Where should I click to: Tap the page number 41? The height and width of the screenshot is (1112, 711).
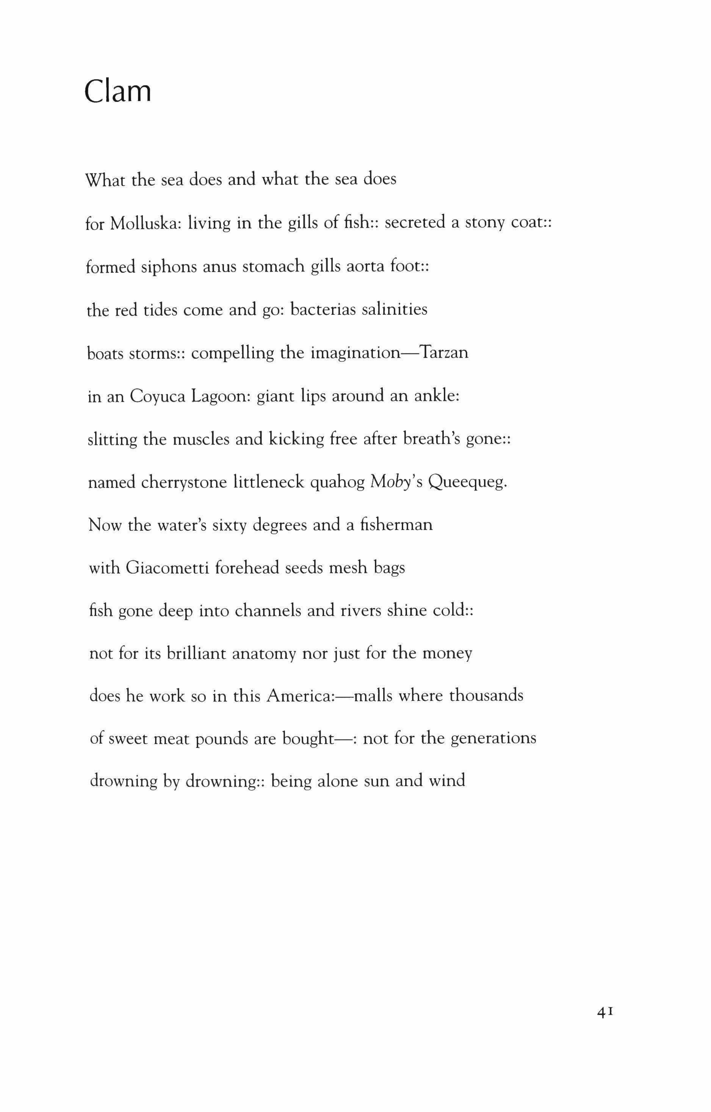coord(605,1012)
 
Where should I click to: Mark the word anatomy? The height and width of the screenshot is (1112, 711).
coord(263,654)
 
